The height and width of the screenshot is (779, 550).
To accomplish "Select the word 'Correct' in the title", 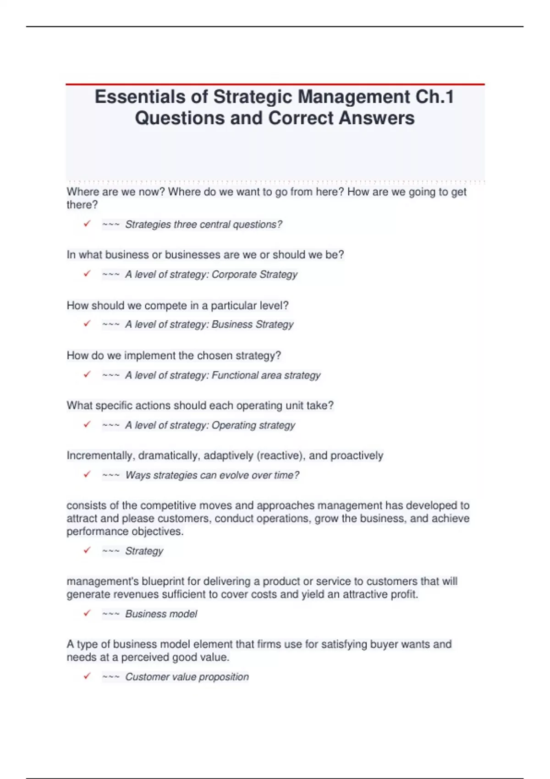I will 301,118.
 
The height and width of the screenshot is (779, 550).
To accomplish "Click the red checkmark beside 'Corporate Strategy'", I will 87,274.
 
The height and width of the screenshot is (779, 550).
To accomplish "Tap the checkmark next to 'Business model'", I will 87,613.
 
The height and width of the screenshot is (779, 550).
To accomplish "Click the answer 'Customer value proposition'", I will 187,677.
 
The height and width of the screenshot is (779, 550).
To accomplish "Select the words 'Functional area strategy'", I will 266,375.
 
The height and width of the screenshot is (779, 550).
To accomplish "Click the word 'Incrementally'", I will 100,455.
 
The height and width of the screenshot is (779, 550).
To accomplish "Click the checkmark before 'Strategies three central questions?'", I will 87,224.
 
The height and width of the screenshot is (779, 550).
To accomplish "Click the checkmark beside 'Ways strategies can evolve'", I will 87,474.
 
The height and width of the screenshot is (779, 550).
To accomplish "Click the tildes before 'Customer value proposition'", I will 111,677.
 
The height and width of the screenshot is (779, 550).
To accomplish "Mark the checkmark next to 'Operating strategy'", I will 87,424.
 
